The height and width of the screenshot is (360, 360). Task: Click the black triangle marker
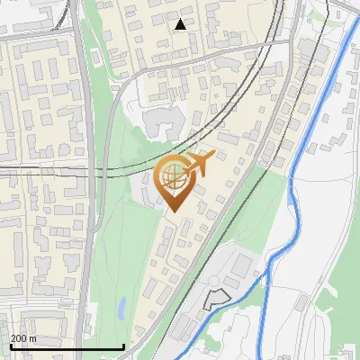pos(181,24)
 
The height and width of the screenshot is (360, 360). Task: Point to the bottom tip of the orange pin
pos(174,212)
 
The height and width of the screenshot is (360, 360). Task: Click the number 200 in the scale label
pos(20,338)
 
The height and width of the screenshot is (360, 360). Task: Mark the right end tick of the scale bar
pos(122,346)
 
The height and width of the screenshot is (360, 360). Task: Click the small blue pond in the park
pos(121,309)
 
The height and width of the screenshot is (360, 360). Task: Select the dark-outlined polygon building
pos(216,299)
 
